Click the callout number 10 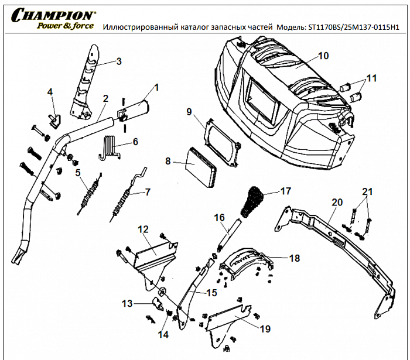pyautogui.click(x=323, y=56)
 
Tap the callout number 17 pyautogui.click(x=285, y=191)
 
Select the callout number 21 pyautogui.click(x=367, y=192)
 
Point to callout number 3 pyautogui.click(x=118, y=61)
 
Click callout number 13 pyautogui.click(x=127, y=303)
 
